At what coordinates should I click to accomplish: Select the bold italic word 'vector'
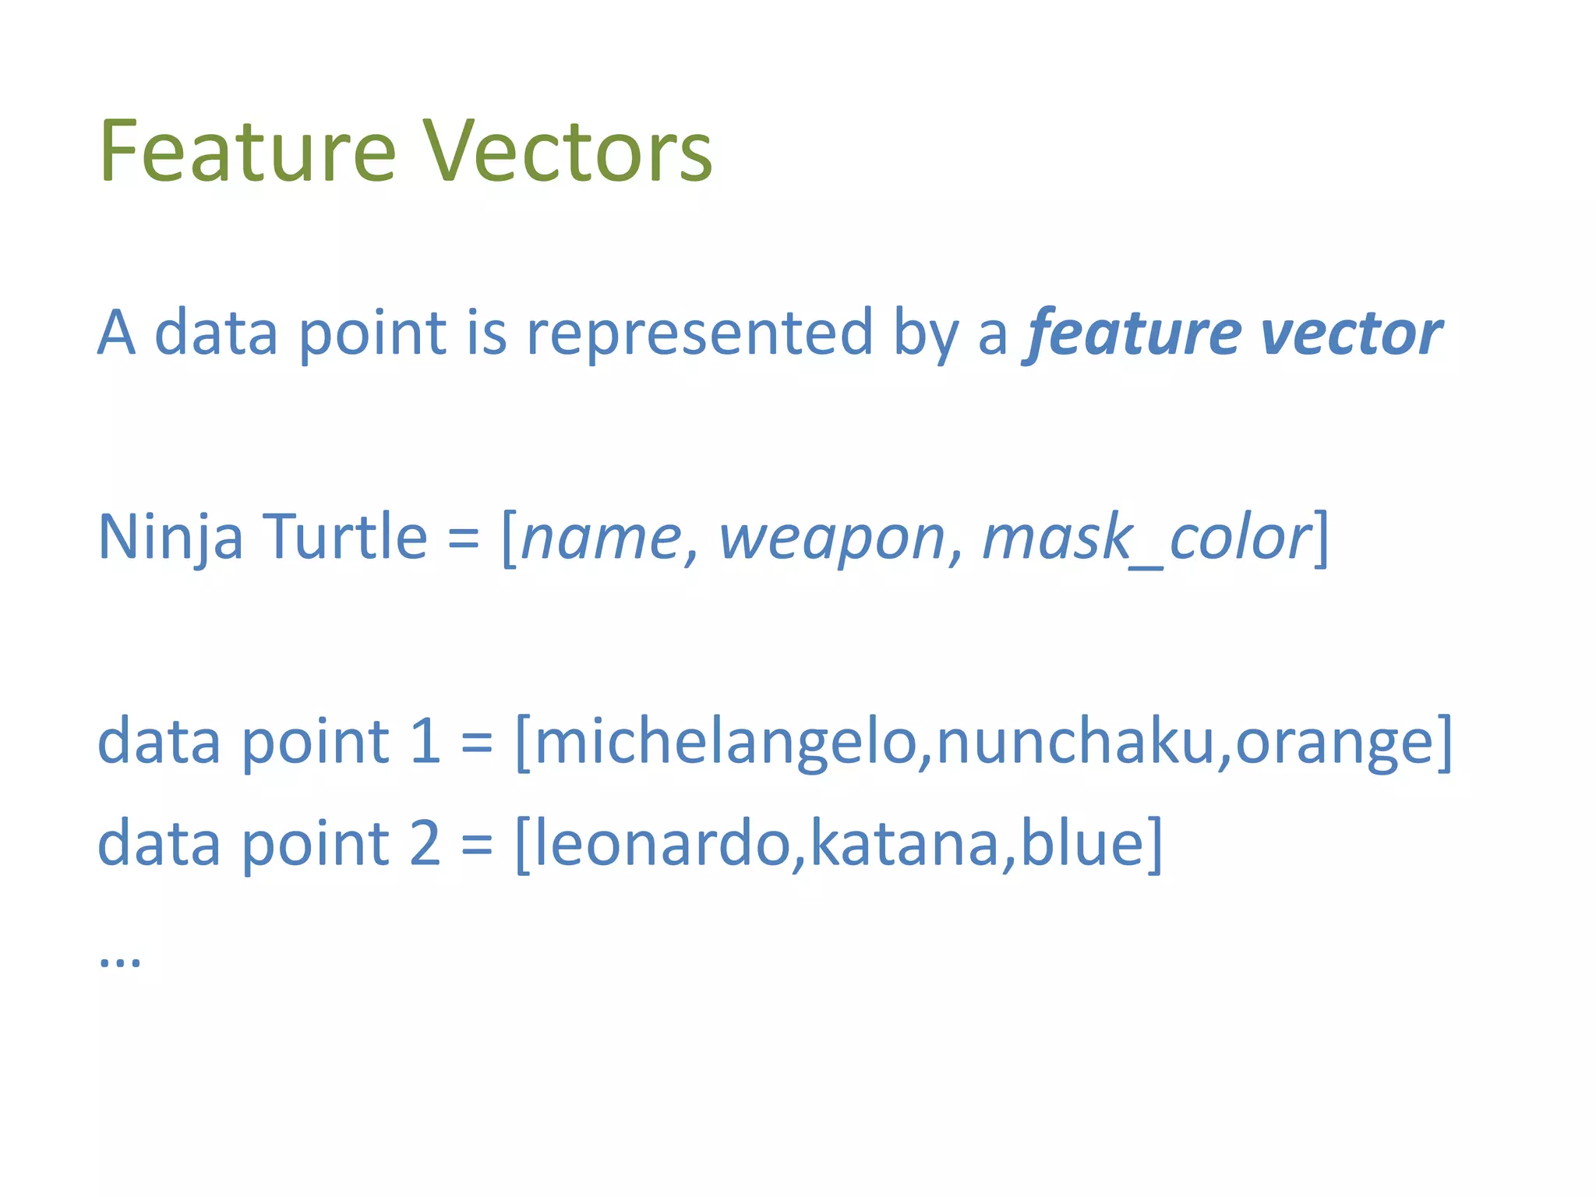tap(1351, 333)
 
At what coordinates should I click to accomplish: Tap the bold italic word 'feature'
tap(1132, 333)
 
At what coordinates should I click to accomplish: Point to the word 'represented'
tap(699, 333)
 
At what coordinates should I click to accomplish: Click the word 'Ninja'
tap(170, 538)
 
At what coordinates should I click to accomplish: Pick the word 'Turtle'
tap(345, 538)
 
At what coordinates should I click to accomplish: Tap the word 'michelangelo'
tap(725, 741)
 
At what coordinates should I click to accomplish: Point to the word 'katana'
tap(904, 843)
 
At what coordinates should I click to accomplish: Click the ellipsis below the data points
tap(120, 961)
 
